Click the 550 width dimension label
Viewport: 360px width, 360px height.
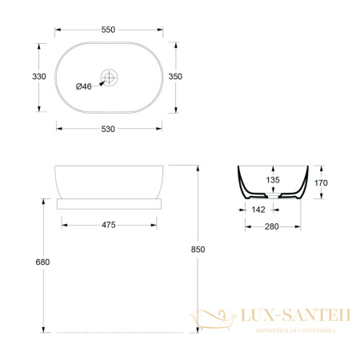click(x=108, y=30)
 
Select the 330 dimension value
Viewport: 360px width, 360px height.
click(x=39, y=77)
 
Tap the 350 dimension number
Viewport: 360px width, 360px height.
click(x=175, y=77)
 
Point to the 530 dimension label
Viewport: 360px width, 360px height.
click(x=108, y=129)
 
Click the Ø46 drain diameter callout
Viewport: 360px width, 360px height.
click(x=84, y=86)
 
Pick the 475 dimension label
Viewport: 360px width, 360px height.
click(x=109, y=225)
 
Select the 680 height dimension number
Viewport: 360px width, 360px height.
click(x=42, y=262)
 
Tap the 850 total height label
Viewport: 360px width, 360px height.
click(x=198, y=250)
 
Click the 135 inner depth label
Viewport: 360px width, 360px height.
click(x=273, y=180)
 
